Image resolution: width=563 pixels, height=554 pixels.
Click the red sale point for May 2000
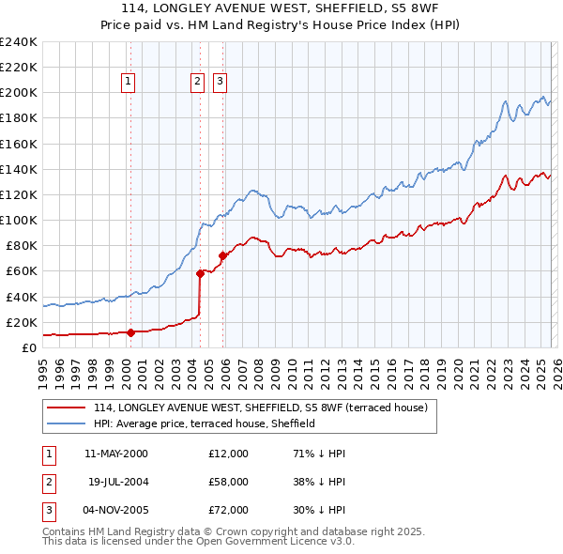(x=130, y=331)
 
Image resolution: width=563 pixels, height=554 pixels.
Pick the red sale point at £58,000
(x=200, y=273)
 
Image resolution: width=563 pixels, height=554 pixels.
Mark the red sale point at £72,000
(x=222, y=255)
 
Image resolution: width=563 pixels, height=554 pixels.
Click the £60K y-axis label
(x=22, y=270)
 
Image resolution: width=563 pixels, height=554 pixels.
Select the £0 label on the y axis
(x=29, y=347)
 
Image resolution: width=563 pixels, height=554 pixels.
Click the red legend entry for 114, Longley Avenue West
(x=260, y=408)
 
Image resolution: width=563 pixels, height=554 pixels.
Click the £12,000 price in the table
(x=228, y=454)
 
